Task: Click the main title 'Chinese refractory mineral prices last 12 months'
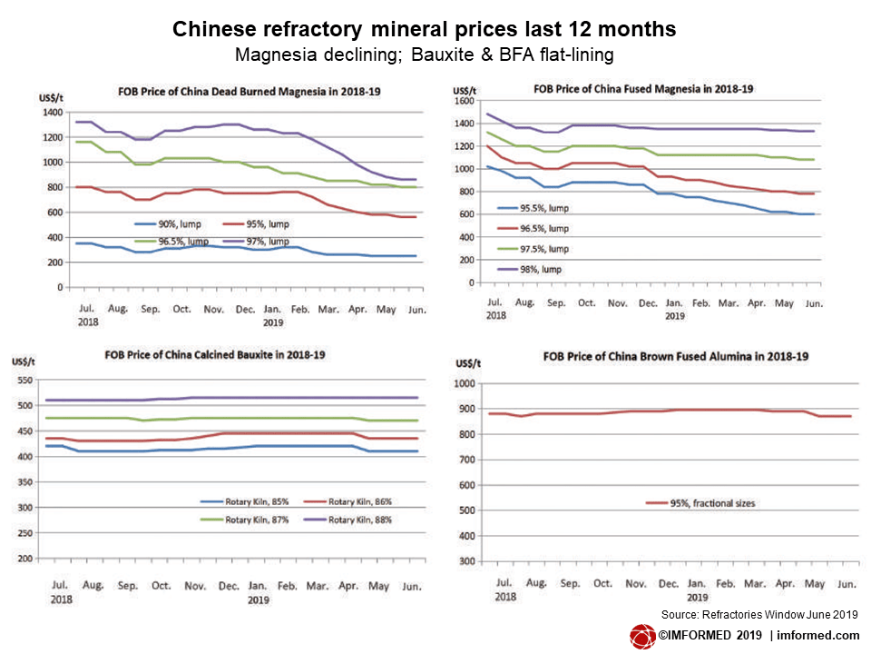click(424, 29)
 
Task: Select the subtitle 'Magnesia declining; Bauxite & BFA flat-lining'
click(424, 54)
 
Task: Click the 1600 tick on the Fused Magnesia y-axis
click(465, 102)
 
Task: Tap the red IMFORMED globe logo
click(643, 636)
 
